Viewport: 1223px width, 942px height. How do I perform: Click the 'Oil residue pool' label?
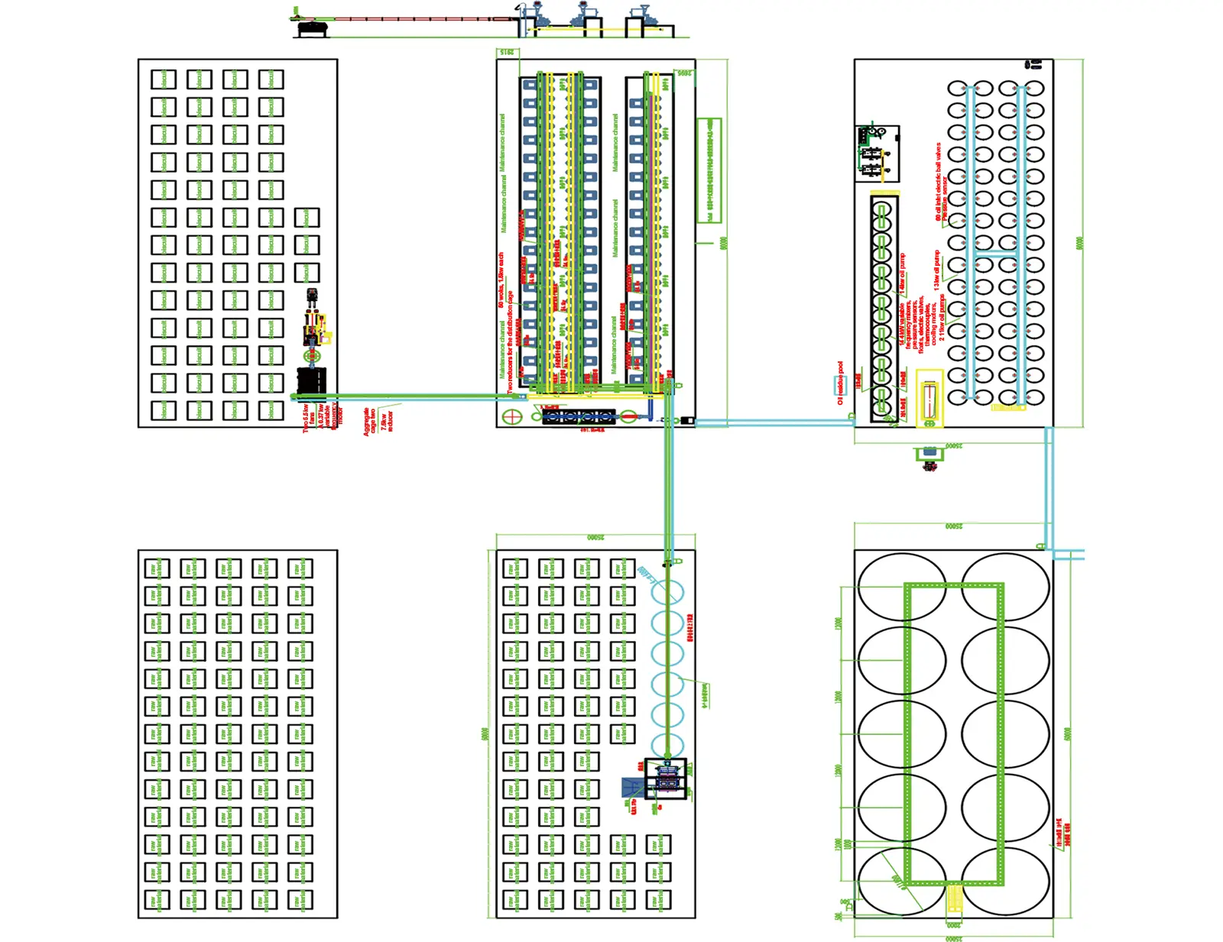pos(840,383)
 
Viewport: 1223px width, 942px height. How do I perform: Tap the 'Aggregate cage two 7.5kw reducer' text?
pos(378,421)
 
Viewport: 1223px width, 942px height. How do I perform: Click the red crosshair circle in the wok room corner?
pos(511,416)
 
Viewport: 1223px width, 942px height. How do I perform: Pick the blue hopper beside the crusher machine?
pos(631,788)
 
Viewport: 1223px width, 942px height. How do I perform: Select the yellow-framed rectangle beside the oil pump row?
pos(929,398)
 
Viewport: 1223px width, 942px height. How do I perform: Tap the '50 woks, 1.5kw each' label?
pos(501,280)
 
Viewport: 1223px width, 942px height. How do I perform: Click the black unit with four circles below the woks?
pos(579,416)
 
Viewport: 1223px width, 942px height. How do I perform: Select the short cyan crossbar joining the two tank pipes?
pos(995,253)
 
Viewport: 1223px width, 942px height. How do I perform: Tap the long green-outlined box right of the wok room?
pos(709,170)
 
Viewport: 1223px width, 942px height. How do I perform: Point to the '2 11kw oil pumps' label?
pos(942,317)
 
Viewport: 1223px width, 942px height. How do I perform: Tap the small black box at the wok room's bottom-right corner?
pos(686,420)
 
